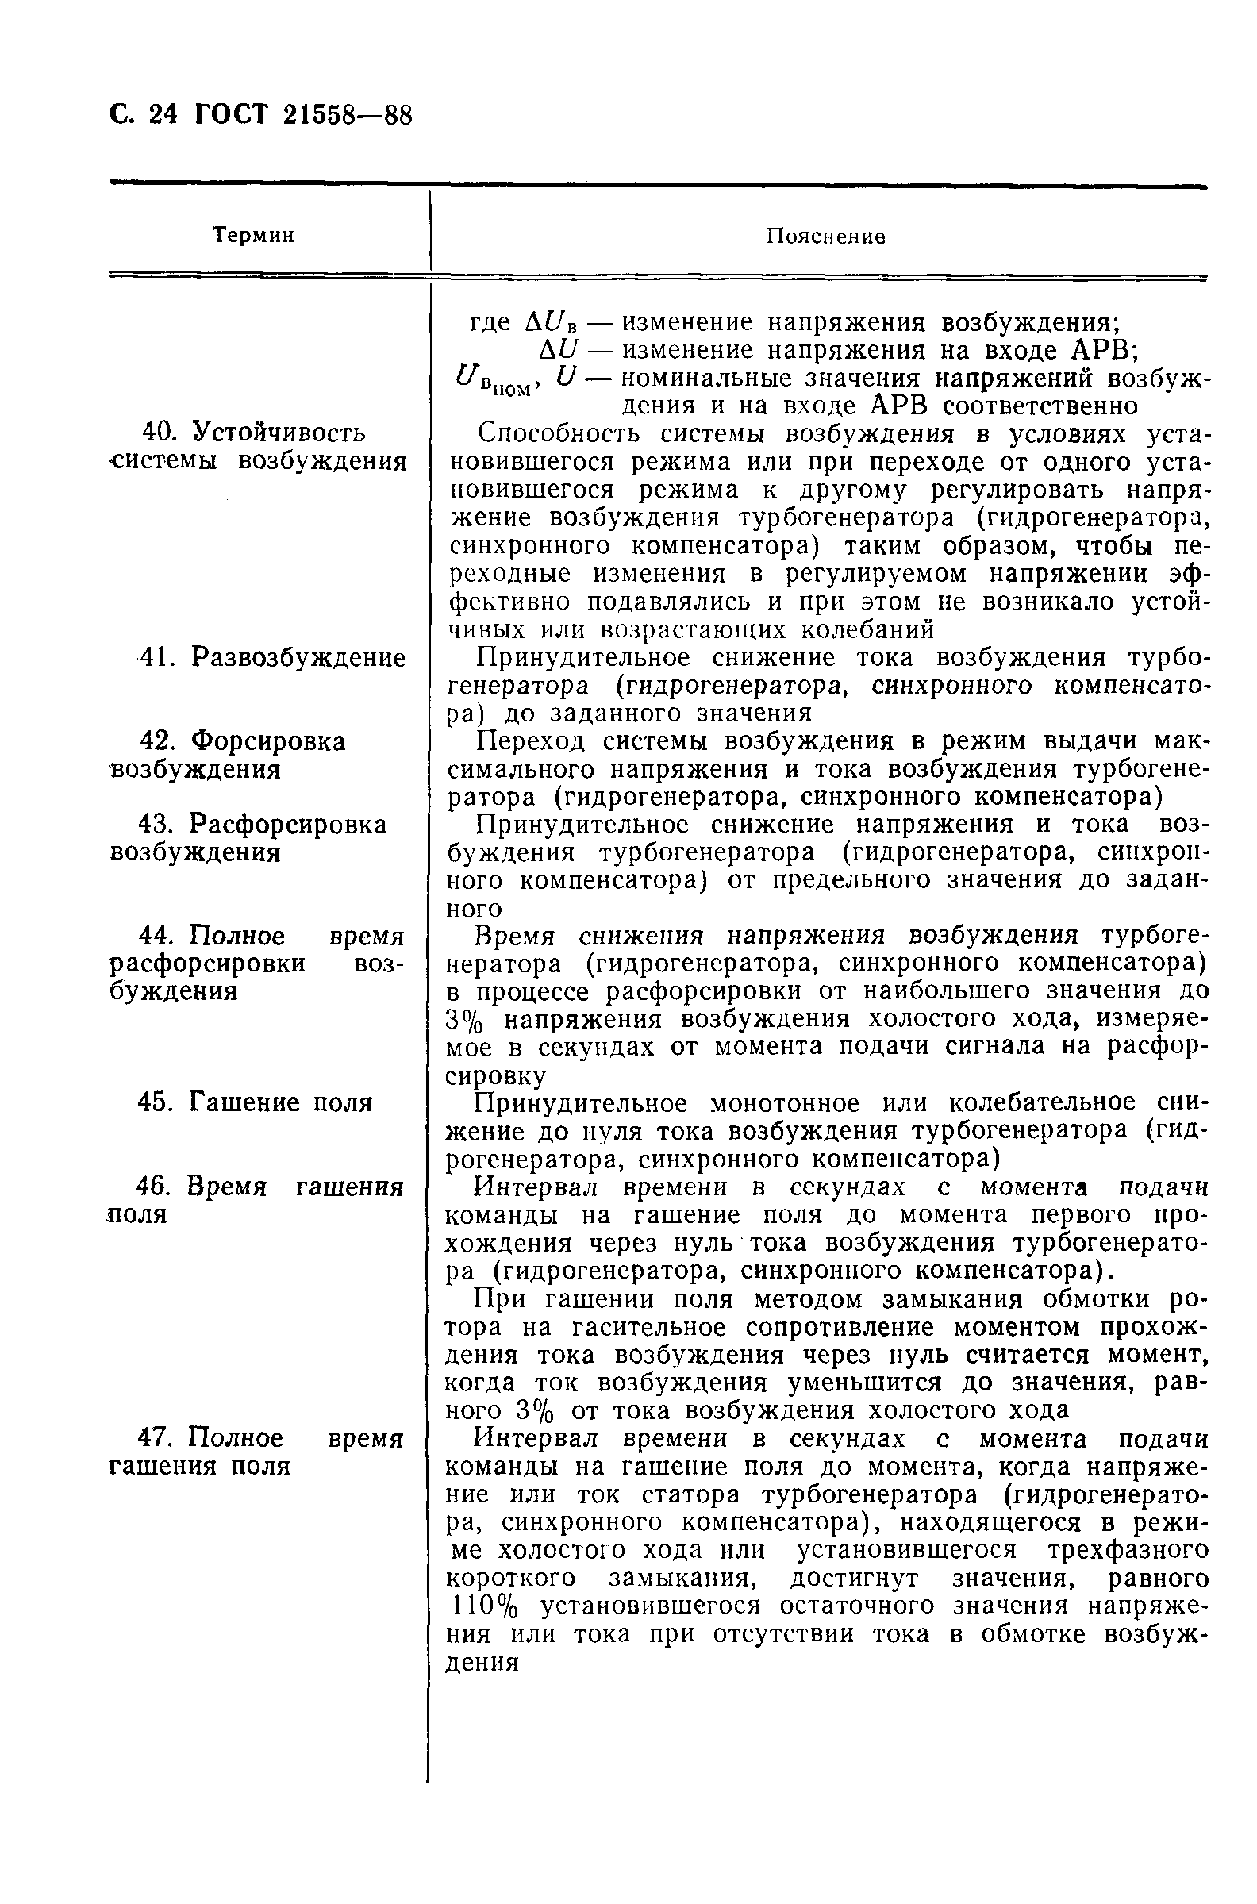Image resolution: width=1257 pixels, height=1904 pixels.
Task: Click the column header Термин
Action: coord(252,235)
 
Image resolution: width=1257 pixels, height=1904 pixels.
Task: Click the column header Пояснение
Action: coord(825,237)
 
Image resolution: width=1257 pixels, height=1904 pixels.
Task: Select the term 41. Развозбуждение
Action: coord(272,657)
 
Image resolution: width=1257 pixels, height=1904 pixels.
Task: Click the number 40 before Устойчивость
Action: coord(159,432)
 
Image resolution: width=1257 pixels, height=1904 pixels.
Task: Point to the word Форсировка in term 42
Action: coord(270,740)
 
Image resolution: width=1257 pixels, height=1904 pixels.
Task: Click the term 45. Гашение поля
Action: coord(255,1102)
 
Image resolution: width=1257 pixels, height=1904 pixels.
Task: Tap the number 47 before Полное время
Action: coord(156,1438)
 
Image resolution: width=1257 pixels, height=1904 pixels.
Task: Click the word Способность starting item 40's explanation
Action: coord(560,433)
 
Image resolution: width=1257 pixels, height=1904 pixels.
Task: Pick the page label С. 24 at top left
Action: coord(143,115)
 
